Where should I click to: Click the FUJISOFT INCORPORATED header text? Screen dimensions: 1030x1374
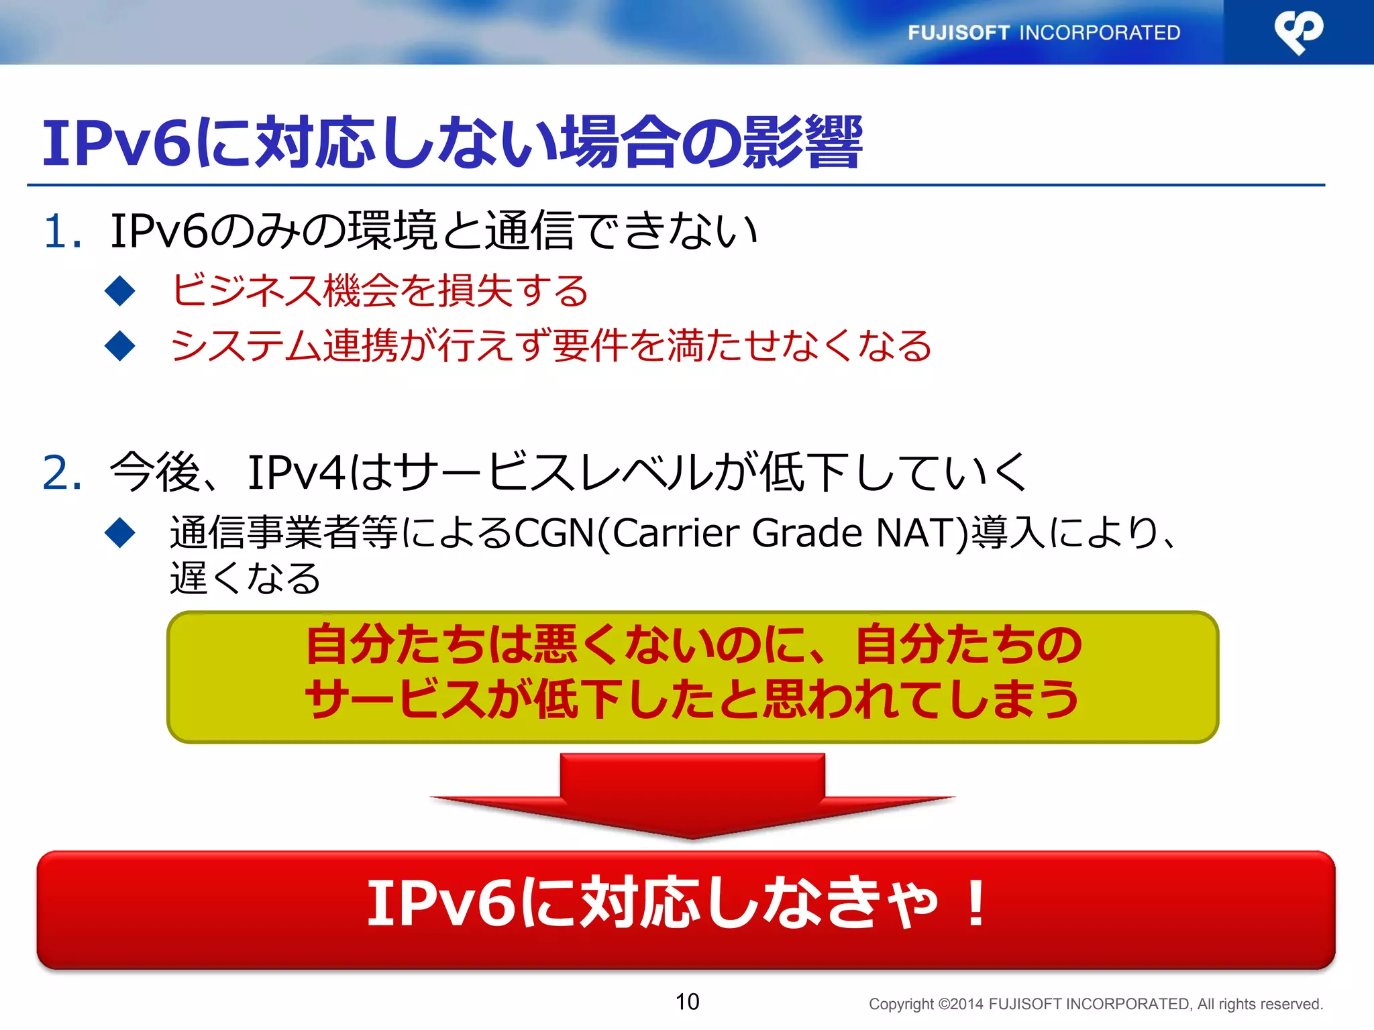(x=1044, y=32)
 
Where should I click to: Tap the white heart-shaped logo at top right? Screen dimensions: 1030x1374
(x=1298, y=32)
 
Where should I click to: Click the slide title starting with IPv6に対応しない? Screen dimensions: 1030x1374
(x=452, y=143)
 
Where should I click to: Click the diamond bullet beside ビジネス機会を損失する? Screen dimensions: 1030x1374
(x=121, y=291)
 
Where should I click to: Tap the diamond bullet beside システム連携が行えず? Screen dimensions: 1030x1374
(x=121, y=346)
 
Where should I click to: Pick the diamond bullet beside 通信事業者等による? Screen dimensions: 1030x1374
(x=121, y=533)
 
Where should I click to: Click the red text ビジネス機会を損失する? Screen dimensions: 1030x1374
(x=380, y=291)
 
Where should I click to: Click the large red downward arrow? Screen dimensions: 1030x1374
(x=692, y=795)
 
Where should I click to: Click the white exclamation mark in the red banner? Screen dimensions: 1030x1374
(x=975, y=904)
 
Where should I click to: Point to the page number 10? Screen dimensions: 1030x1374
(x=687, y=1002)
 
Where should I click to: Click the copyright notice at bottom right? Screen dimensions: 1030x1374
(x=1096, y=1004)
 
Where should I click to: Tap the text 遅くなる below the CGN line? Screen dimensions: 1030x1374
(x=246, y=578)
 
